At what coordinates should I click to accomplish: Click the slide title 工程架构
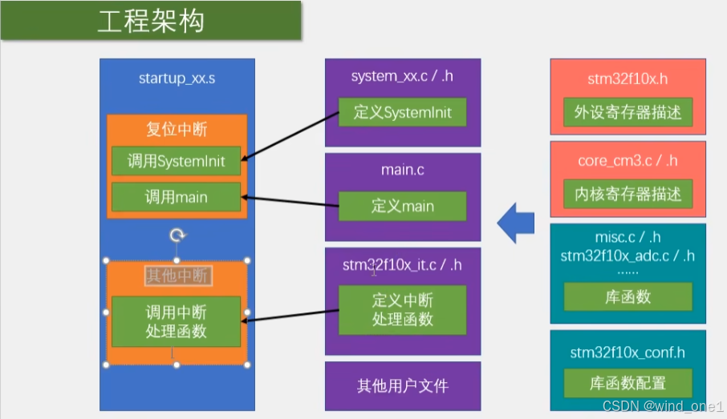point(151,21)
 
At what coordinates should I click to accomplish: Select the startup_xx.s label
point(177,79)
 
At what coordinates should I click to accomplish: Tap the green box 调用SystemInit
point(176,161)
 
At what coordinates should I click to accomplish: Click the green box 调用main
point(176,197)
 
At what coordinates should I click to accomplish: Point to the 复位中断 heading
point(177,129)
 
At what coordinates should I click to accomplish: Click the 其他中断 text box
point(177,276)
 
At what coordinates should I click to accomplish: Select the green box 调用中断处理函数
point(176,321)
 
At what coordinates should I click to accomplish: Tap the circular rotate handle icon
point(177,235)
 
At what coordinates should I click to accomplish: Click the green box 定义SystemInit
point(402,113)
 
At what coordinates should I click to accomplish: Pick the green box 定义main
point(402,206)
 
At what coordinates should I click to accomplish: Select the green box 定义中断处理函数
point(402,309)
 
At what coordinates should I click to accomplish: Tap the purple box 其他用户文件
point(402,386)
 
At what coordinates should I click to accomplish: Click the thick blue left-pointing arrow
point(515,223)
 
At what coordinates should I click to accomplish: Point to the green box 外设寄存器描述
point(627,113)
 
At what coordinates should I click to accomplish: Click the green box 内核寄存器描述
point(627,194)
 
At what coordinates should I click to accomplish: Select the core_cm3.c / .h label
point(627,161)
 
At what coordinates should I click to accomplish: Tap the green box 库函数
point(627,297)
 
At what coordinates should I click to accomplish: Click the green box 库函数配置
point(627,383)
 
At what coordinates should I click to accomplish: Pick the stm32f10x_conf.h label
point(627,352)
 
